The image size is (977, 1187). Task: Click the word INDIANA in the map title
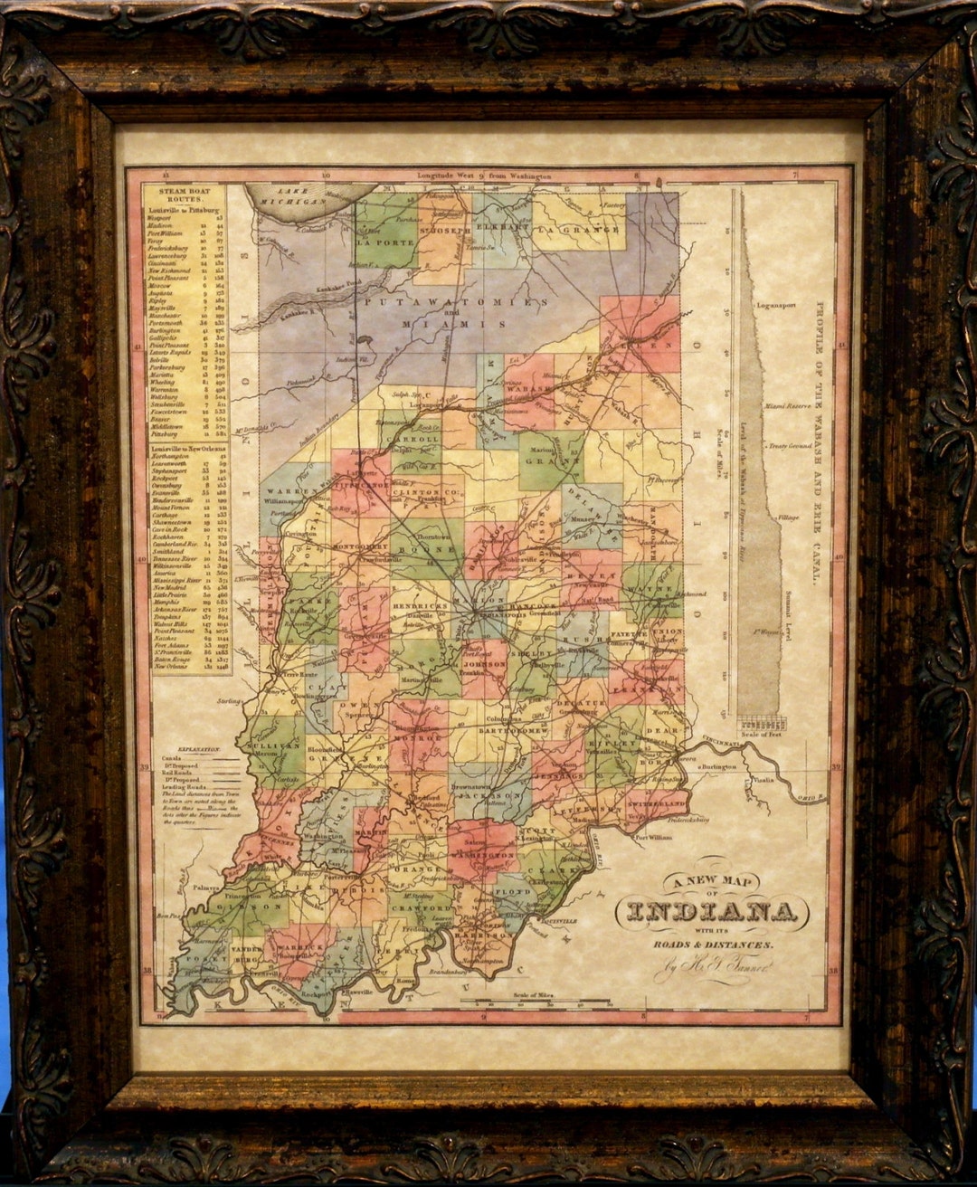[x=712, y=912]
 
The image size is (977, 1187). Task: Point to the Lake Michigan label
[x=300, y=197]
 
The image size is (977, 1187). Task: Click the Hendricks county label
[x=420, y=606]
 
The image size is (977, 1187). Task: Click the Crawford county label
[x=421, y=908]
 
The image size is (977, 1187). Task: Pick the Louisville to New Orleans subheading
[x=188, y=448]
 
